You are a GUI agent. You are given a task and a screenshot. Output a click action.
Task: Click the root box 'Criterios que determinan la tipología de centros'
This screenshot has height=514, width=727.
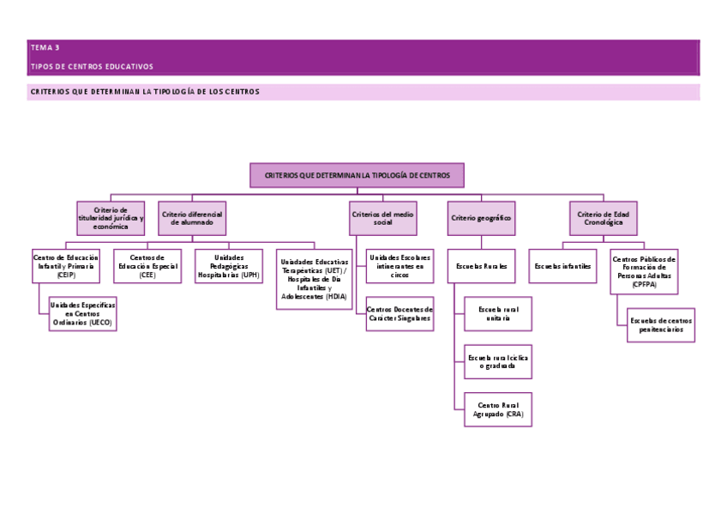(x=357, y=175)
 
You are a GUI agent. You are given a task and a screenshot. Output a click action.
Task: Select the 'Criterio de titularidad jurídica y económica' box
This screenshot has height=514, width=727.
(x=111, y=218)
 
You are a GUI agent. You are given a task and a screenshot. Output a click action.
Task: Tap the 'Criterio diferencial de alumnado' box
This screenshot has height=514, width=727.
(x=192, y=218)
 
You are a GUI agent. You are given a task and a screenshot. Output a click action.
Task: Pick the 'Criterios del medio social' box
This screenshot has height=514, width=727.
(x=383, y=218)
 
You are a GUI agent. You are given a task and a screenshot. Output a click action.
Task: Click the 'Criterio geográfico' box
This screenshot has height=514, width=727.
(x=481, y=218)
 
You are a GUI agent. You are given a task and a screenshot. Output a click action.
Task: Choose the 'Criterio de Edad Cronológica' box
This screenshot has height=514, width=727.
(x=604, y=218)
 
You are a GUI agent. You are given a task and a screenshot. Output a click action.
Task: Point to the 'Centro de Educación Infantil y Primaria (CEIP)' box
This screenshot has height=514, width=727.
(x=66, y=266)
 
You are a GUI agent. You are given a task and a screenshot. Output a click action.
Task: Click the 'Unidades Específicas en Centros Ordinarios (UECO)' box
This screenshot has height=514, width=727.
(x=82, y=314)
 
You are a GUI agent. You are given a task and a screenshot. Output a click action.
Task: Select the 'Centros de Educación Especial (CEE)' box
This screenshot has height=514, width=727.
(x=147, y=266)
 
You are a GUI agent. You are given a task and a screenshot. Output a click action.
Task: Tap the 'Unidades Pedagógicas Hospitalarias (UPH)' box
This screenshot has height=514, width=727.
(x=228, y=266)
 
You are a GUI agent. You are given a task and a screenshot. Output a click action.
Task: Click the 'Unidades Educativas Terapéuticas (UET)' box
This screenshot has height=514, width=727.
(x=315, y=279)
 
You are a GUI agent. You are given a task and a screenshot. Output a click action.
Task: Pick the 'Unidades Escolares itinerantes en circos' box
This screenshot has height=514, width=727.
(x=400, y=266)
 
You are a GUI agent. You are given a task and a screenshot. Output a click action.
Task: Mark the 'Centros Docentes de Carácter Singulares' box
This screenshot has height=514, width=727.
(x=400, y=314)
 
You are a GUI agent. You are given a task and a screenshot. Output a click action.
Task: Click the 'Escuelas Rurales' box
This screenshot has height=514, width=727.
(x=482, y=266)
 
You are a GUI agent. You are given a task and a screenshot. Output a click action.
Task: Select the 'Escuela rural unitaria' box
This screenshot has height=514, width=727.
(x=498, y=314)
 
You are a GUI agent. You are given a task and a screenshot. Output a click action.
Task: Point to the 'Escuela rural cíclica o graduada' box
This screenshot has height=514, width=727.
(x=498, y=361)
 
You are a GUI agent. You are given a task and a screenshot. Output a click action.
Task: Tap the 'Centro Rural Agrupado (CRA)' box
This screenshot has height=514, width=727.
(x=498, y=408)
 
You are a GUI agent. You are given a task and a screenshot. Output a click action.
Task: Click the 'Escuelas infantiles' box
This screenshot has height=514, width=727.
(x=562, y=266)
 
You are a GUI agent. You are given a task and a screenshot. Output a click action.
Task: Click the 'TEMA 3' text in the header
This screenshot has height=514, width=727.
(x=45, y=48)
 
